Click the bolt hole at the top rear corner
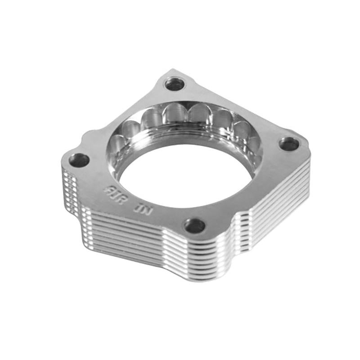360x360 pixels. [175, 83]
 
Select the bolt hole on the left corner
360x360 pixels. [79, 160]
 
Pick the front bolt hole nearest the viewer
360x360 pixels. [194, 225]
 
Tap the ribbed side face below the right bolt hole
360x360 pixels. [279, 189]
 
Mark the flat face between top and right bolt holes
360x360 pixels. [238, 108]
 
